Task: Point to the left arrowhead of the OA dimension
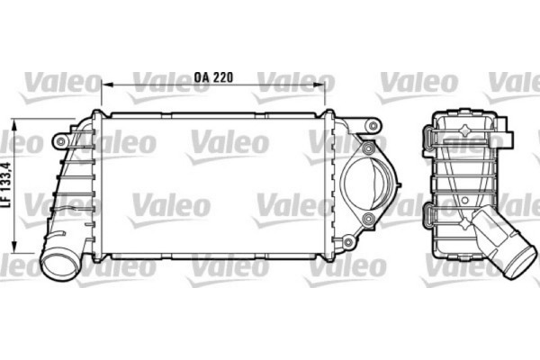pyautogui.click(x=104, y=85)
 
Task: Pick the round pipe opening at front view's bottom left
pyautogui.click(x=60, y=265)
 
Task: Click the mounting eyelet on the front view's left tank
pyautogui.click(x=60, y=141)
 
